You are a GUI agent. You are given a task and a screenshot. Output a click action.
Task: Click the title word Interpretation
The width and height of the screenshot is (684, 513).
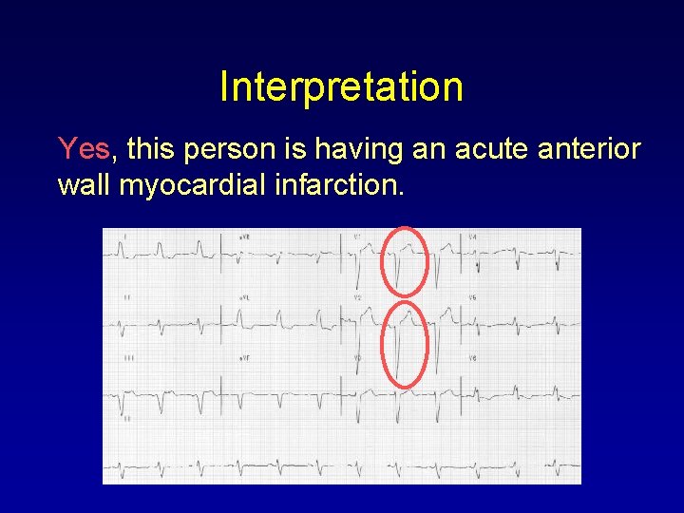pos(341,87)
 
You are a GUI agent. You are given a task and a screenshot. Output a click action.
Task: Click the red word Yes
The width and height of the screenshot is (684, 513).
pos(85,149)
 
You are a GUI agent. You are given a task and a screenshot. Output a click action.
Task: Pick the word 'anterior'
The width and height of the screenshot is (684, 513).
pos(594,149)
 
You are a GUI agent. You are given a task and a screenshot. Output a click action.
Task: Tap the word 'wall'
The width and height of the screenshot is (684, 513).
pos(84,185)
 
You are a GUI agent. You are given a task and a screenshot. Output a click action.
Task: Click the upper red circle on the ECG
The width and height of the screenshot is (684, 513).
pos(406,261)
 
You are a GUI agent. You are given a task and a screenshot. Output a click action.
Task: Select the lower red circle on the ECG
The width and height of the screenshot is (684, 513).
pos(406,344)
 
